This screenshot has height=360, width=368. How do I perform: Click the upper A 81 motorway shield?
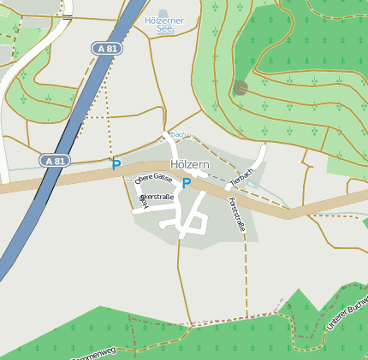point(108,49)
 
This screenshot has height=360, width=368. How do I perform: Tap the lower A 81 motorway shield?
point(54,160)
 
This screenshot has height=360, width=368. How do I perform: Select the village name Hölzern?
point(190,162)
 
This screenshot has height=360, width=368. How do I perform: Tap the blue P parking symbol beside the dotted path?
point(116,164)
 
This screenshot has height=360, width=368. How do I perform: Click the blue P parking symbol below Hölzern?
point(186,182)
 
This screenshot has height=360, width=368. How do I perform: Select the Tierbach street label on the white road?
point(243,176)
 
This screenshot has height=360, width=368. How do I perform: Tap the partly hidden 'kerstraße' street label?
point(157,198)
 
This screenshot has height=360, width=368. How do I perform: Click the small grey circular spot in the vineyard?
point(240,86)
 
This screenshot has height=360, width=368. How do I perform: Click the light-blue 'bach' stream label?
point(177,134)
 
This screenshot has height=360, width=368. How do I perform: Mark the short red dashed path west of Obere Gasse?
point(128,180)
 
